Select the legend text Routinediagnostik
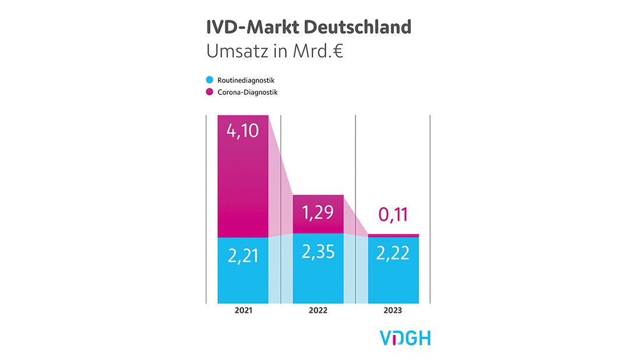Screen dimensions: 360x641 tap(245, 80)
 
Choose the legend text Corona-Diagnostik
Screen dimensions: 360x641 tap(247, 92)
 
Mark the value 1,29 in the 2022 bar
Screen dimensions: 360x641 tap(318, 212)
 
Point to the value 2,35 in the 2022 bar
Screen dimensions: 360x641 tap(318, 252)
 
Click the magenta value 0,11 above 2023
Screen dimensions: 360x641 tap(393, 216)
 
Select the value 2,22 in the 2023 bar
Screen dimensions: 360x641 tap(393, 253)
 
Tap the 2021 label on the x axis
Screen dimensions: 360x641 tap(243, 310)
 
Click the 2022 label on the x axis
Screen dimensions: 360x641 tap(318, 310)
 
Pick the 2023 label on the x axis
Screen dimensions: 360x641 tap(393, 310)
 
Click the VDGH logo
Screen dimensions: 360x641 tap(405, 338)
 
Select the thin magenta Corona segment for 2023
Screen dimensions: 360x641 tap(393, 235)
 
